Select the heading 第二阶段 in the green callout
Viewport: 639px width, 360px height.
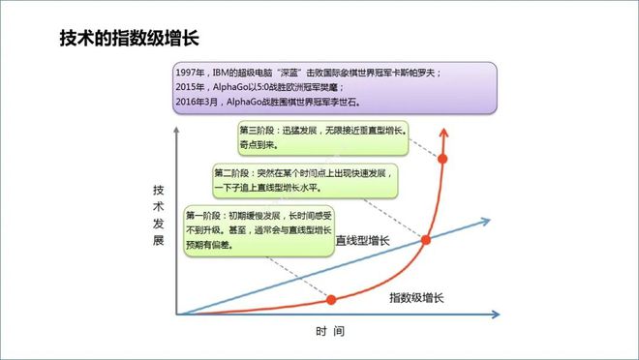click(232, 173)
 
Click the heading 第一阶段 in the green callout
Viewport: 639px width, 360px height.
click(204, 214)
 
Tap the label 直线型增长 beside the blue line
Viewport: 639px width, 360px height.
click(363, 239)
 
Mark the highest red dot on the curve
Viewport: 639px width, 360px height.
click(443, 158)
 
